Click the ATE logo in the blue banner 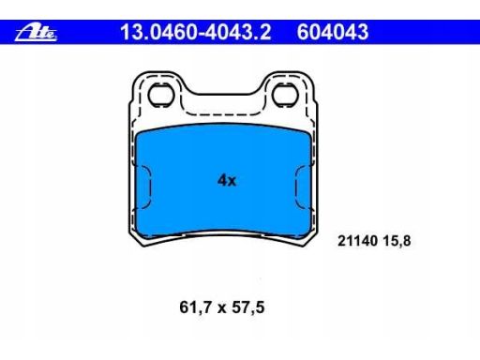pos(36,32)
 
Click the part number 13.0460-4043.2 pos(196,32)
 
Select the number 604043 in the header pos(333,32)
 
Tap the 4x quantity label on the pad pos(227,180)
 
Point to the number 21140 pos(357,241)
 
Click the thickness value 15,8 pos(396,241)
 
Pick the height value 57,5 pos(248,307)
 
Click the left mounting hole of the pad pos(161,95)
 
